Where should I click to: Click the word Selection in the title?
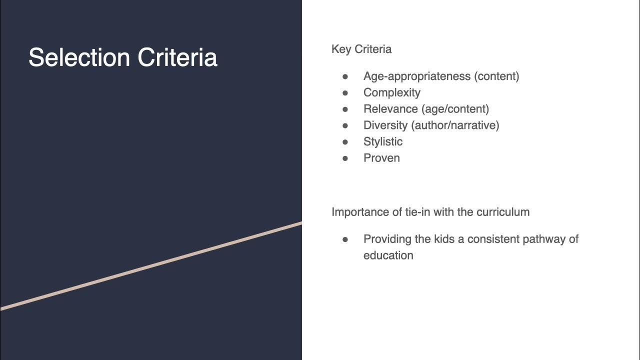[x=79, y=57]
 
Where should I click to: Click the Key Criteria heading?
[x=361, y=49]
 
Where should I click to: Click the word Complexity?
[x=392, y=92]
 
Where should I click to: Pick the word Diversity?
[x=385, y=125]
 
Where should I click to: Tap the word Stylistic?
[x=383, y=141]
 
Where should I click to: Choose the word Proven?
[x=381, y=158]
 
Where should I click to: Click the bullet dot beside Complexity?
[x=345, y=92]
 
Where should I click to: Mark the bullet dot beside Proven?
[x=345, y=158]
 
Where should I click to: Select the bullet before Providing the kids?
[x=345, y=239]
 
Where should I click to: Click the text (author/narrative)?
[x=455, y=125]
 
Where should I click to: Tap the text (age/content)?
[x=455, y=109]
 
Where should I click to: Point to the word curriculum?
[x=503, y=212]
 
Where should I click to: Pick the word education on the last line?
[x=388, y=255]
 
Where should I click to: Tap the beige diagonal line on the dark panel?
[x=150, y=266]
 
